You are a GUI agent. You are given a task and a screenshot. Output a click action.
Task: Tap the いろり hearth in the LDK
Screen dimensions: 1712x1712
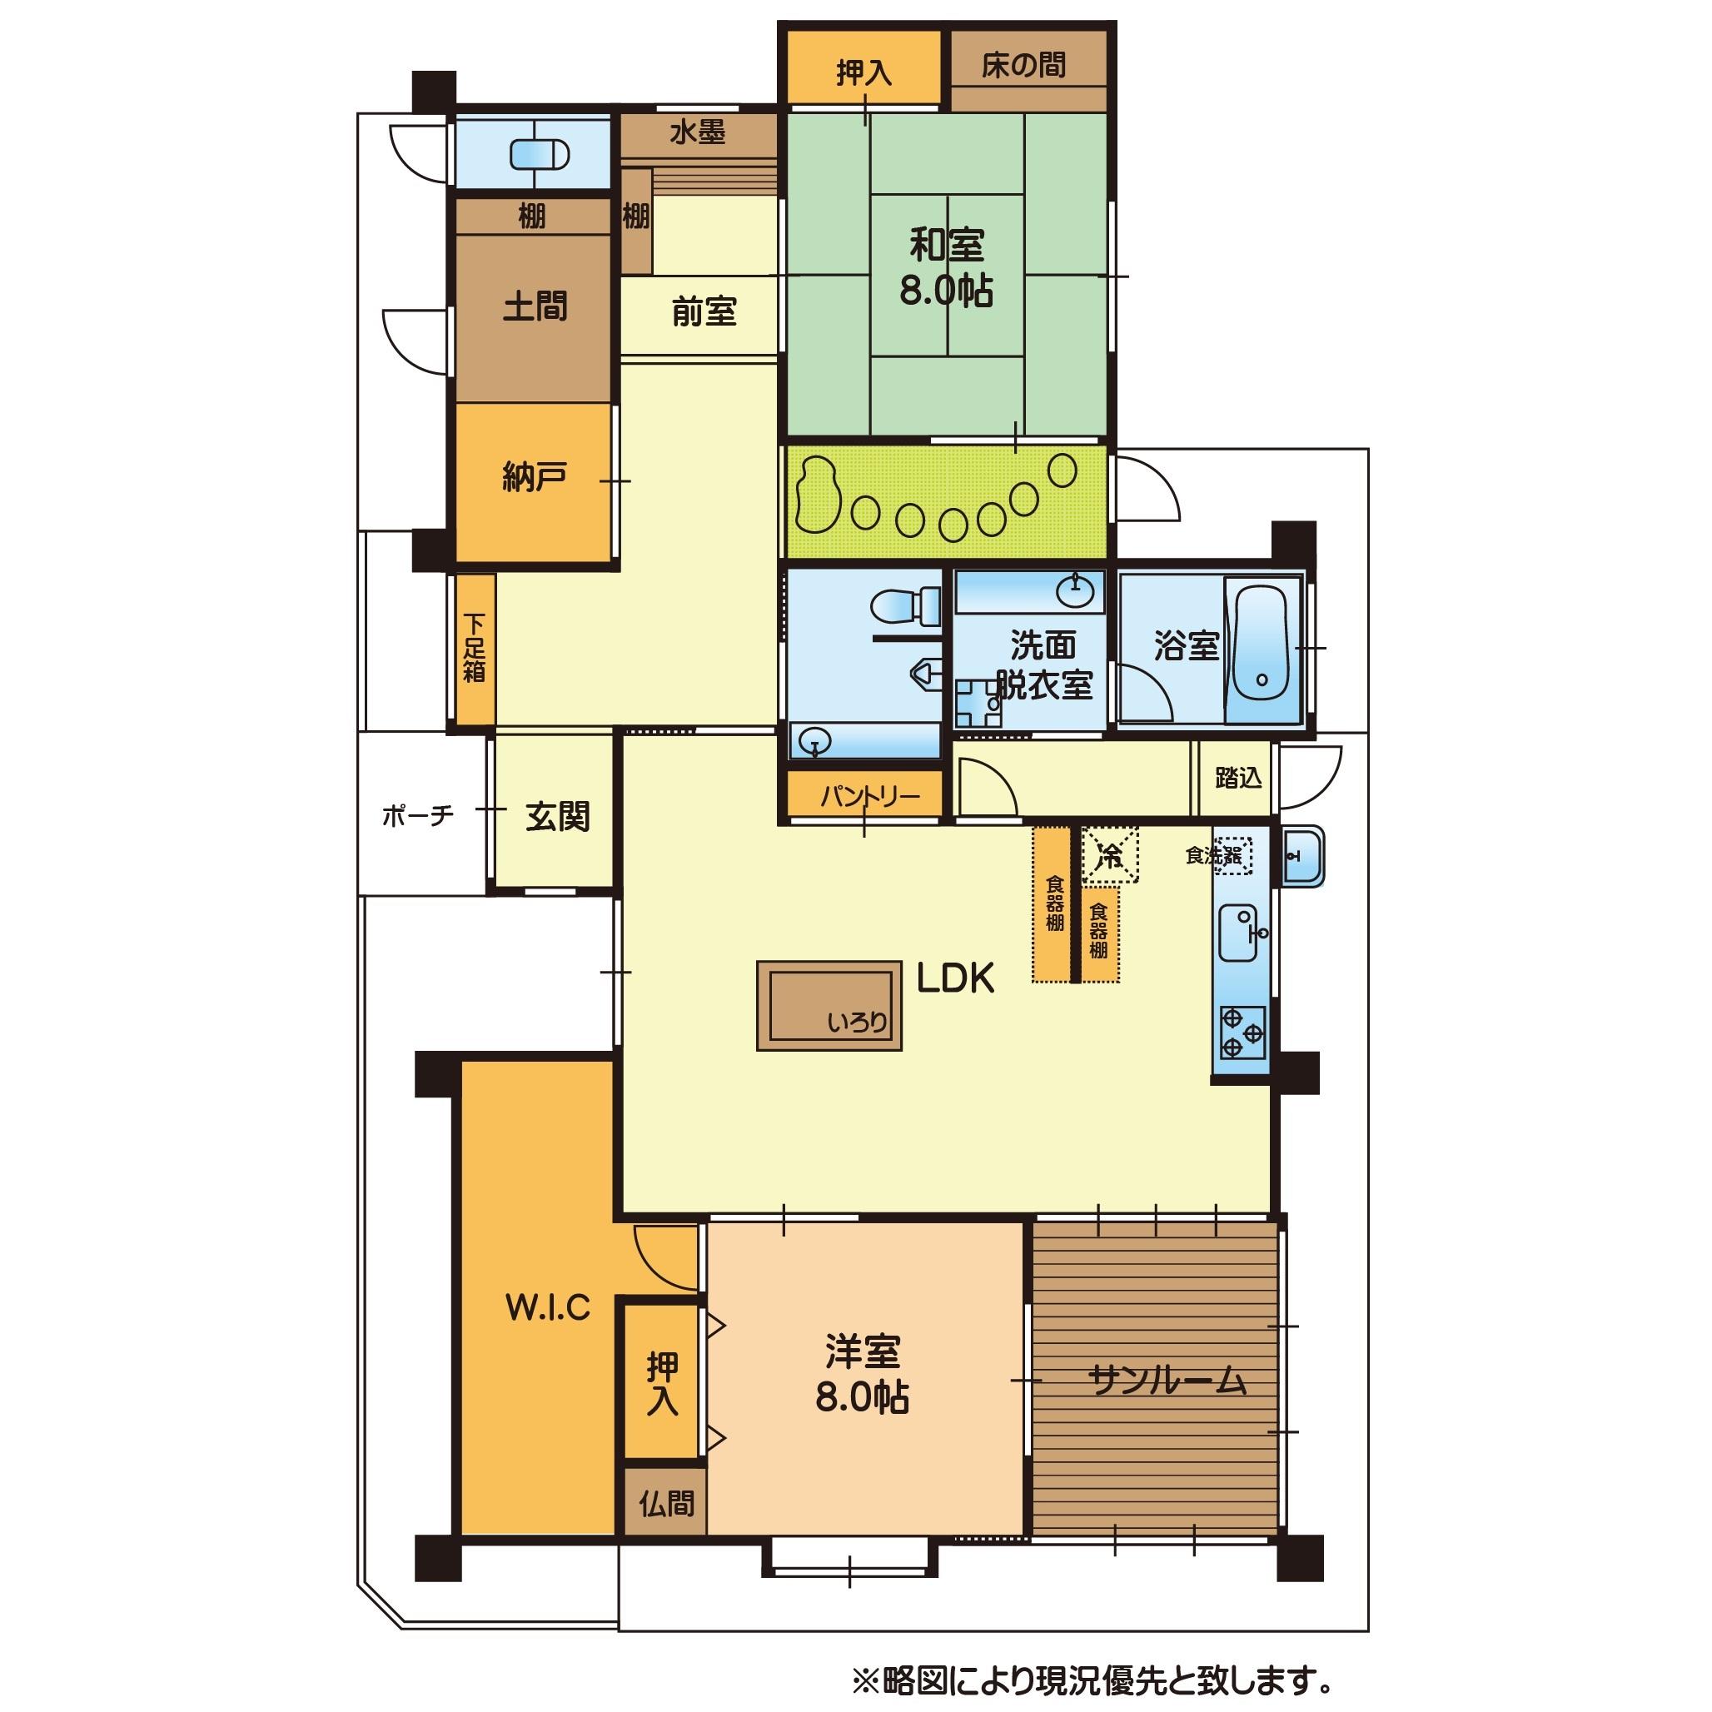pos(829,1005)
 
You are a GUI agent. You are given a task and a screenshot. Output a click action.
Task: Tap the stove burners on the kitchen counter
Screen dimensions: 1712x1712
pos(1242,1033)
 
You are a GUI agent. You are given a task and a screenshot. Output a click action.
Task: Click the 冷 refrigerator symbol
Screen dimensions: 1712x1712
pos(1109,856)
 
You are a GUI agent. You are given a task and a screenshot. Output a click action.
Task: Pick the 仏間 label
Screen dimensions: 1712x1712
pos(666,1504)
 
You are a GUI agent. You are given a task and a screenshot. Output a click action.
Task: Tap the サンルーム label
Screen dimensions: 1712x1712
pos(1167,1381)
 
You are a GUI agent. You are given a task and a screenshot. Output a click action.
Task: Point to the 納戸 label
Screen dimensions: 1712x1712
pos(534,478)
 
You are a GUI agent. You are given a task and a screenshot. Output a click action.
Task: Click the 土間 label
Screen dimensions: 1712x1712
pos(535,306)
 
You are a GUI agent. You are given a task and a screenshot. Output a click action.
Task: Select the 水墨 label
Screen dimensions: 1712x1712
pos(698,133)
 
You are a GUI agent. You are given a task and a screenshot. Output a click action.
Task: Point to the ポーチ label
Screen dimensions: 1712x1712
pos(417,814)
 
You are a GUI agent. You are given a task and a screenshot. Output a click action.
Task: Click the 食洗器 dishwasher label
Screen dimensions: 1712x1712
pos(1213,856)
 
